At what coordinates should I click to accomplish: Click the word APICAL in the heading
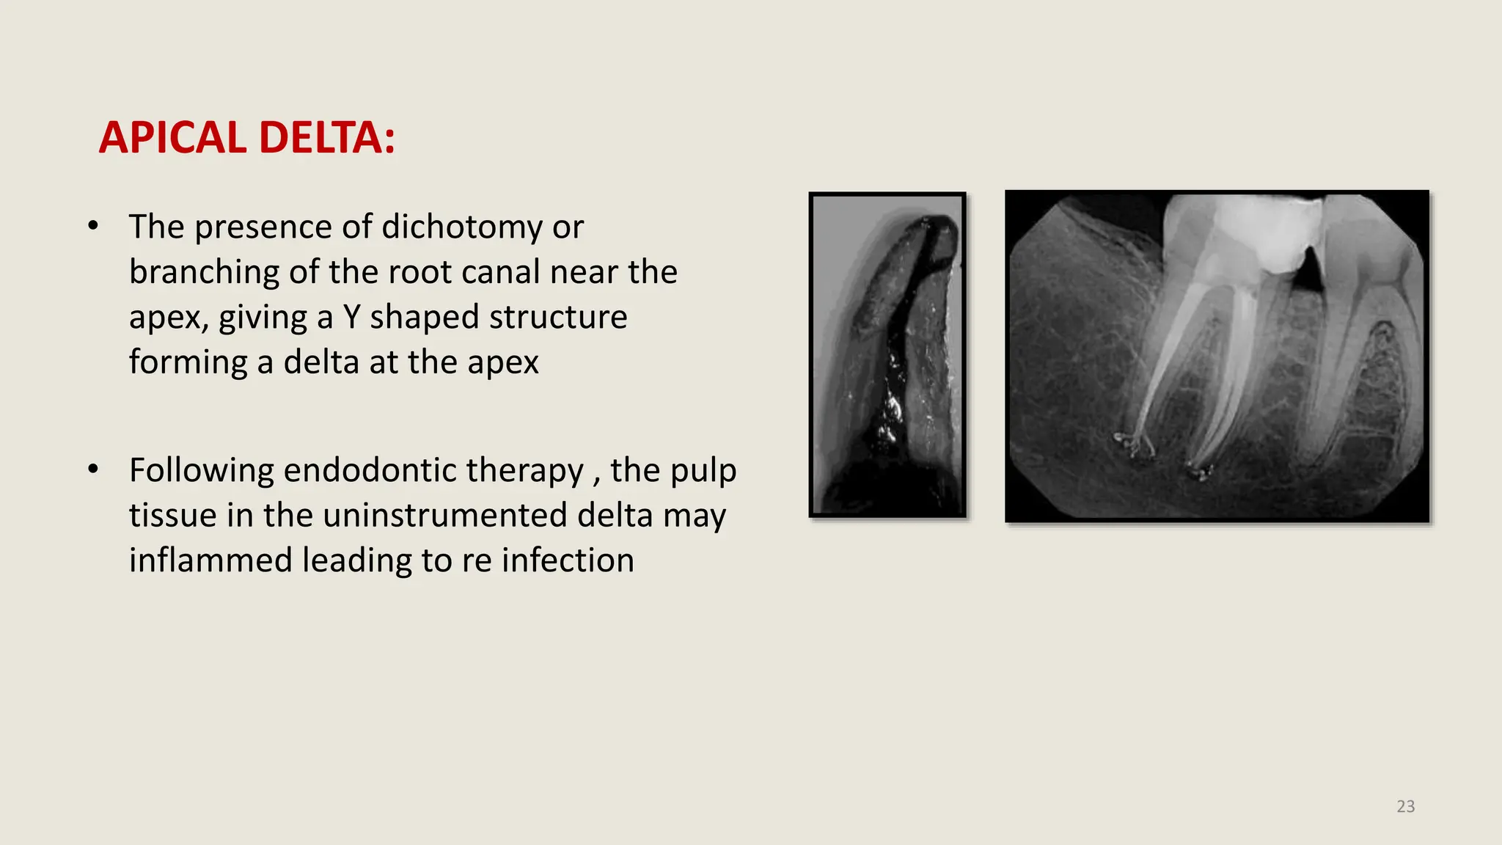pyautogui.click(x=172, y=138)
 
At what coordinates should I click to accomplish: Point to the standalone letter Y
pyautogui.click(x=351, y=318)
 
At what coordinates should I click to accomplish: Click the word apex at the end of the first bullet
pyautogui.click(x=503, y=362)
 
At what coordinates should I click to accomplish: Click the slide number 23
pyautogui.click(x=1405, y=806)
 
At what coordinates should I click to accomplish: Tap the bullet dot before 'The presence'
pyautogui.click(x=93, y=226)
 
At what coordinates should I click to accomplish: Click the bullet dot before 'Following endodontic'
pyautogui.click(x=93, y=469)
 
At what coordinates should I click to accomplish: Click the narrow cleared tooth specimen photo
pyautogui.click(x=887, y=355)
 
